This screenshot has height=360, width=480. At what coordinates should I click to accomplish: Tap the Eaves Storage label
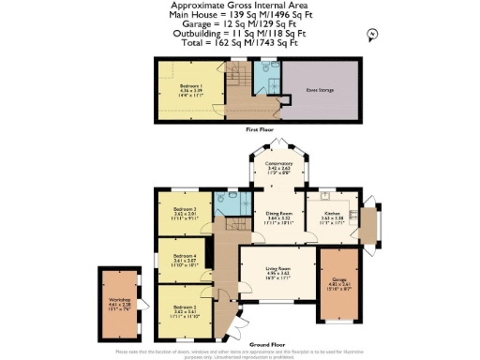tap(321, 91)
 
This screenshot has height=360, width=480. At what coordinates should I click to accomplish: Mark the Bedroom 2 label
tap(185, 308)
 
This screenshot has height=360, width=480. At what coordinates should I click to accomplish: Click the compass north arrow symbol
tap(372, 35)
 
